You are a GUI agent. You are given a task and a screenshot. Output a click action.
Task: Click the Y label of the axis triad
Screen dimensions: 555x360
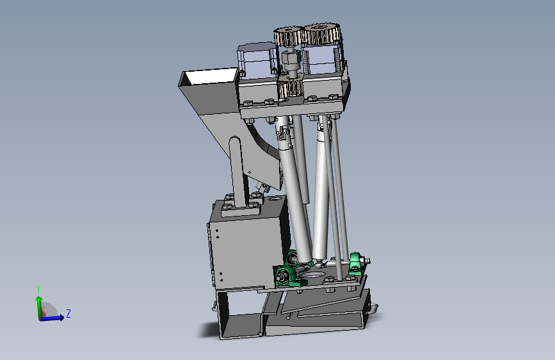pyautogui.click(x=38, y=288)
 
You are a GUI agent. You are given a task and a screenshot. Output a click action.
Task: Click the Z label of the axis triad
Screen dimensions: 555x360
pyautogui.click(x=68, y=314)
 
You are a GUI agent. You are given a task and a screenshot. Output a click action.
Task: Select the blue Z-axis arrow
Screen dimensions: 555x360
pyautogui.click(x=52, y=318)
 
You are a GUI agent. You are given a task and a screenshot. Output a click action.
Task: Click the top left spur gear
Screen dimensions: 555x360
pyautogui.click(x=288, y=37)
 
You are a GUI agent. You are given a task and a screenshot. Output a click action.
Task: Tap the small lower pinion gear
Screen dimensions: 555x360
pyautogui.click(x=290, y=88)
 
